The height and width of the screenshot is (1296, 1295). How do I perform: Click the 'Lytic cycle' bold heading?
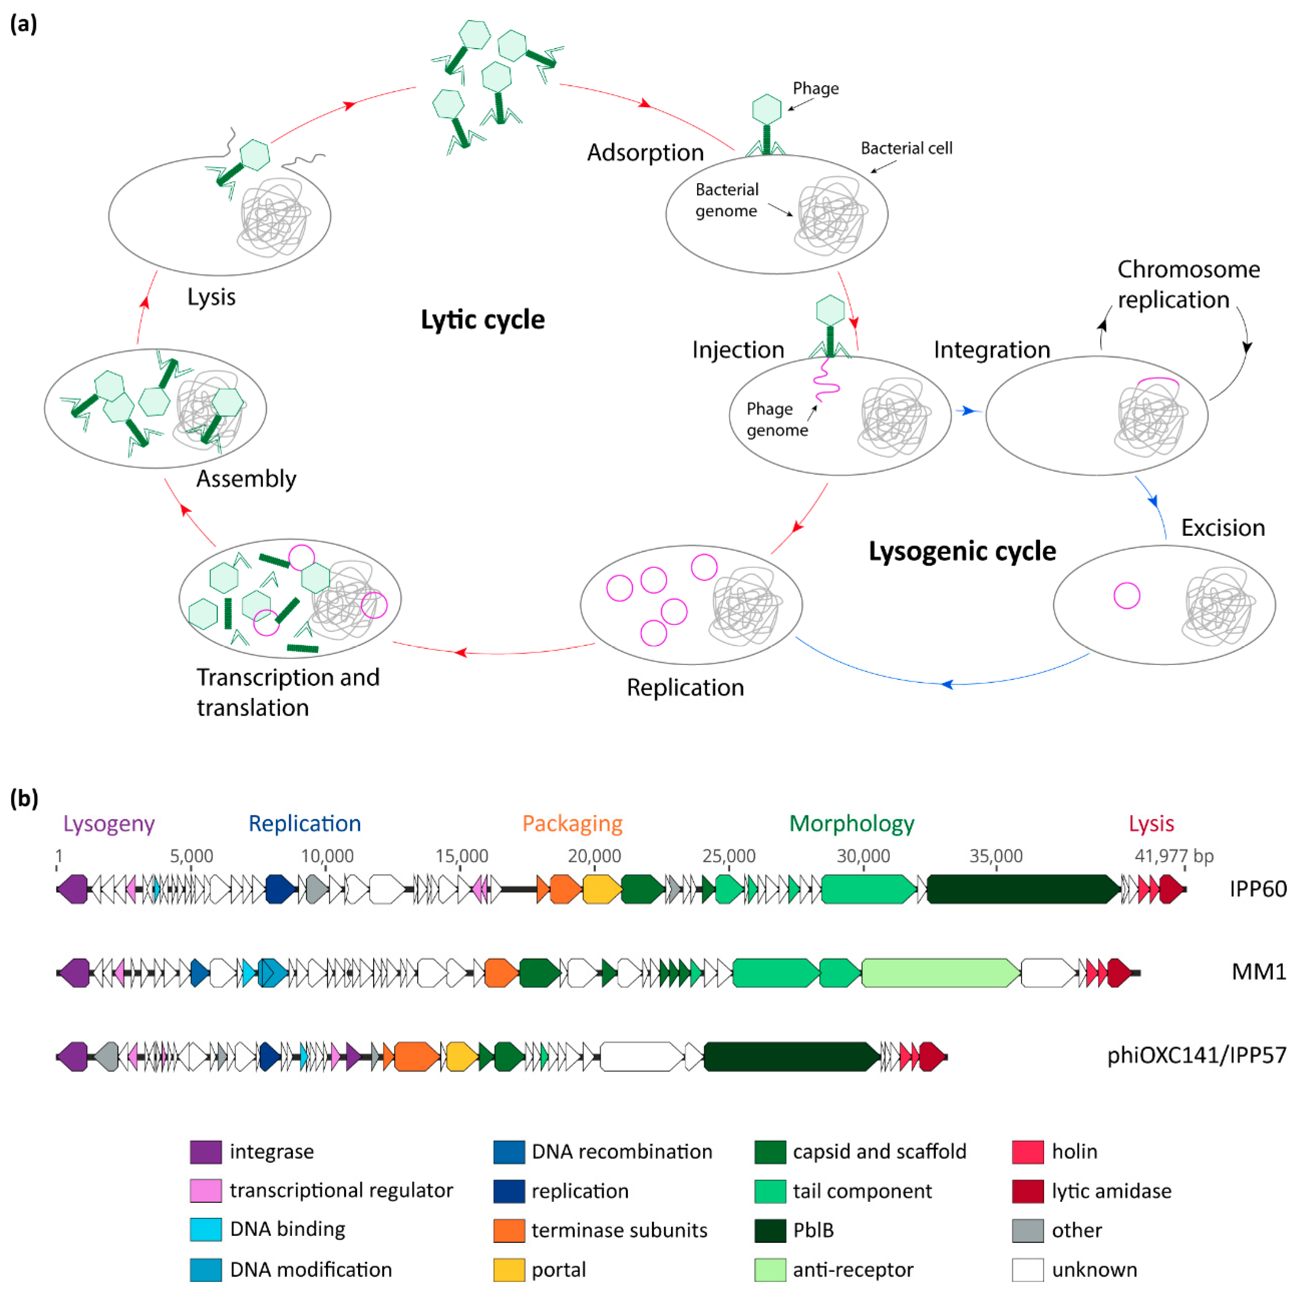click(x=483, y=320)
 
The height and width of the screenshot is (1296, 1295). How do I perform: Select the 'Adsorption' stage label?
click(x=645, y=153)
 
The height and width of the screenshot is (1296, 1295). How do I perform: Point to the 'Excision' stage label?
click(x=1223, y=528)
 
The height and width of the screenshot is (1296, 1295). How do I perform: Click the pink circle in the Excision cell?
click(x=1126, y=595)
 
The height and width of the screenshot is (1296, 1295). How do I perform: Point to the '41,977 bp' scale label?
click(x=1173, y=856)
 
